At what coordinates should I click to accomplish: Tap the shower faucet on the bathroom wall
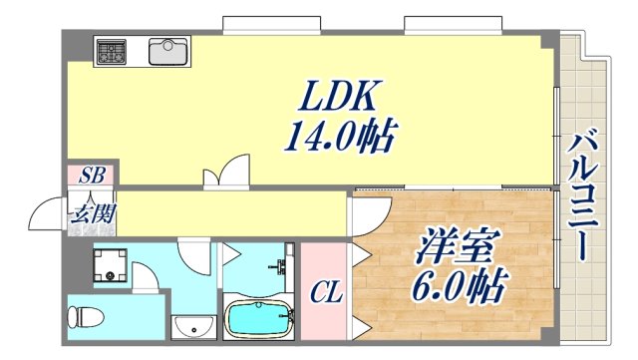[280, 267]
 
